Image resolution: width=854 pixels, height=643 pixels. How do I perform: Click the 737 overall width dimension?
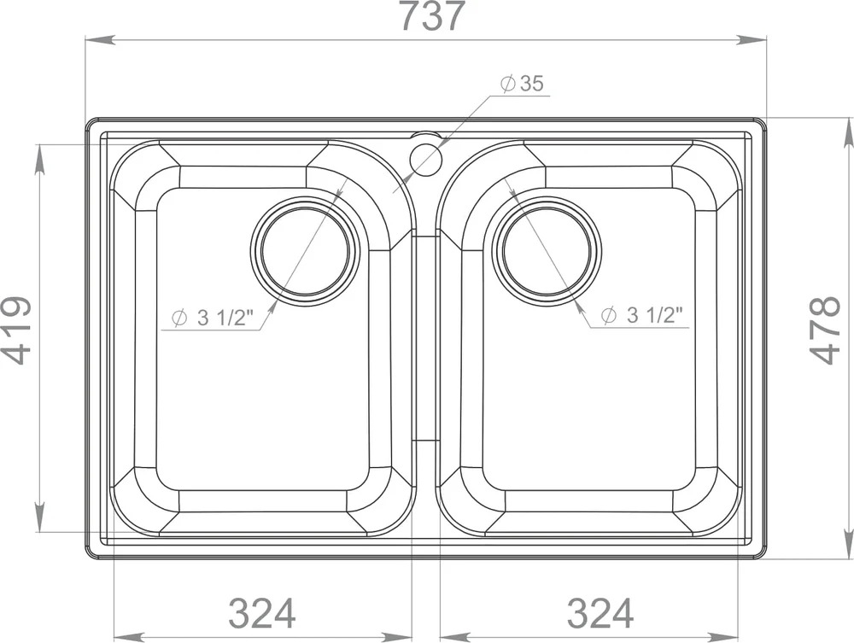pos(434,15)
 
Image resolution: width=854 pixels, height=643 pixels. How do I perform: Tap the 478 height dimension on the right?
pos(826,330)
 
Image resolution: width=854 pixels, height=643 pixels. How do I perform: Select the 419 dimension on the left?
pos(15,330)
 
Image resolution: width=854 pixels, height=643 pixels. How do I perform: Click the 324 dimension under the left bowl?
pos(262,613)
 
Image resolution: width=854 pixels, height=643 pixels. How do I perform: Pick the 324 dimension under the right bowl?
pos(600,613)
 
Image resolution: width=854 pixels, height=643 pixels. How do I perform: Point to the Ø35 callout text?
pos(523,84)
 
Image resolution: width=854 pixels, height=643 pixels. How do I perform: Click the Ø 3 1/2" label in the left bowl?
pos(213,317)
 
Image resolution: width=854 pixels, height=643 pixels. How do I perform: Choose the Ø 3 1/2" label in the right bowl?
pos(641,315)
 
